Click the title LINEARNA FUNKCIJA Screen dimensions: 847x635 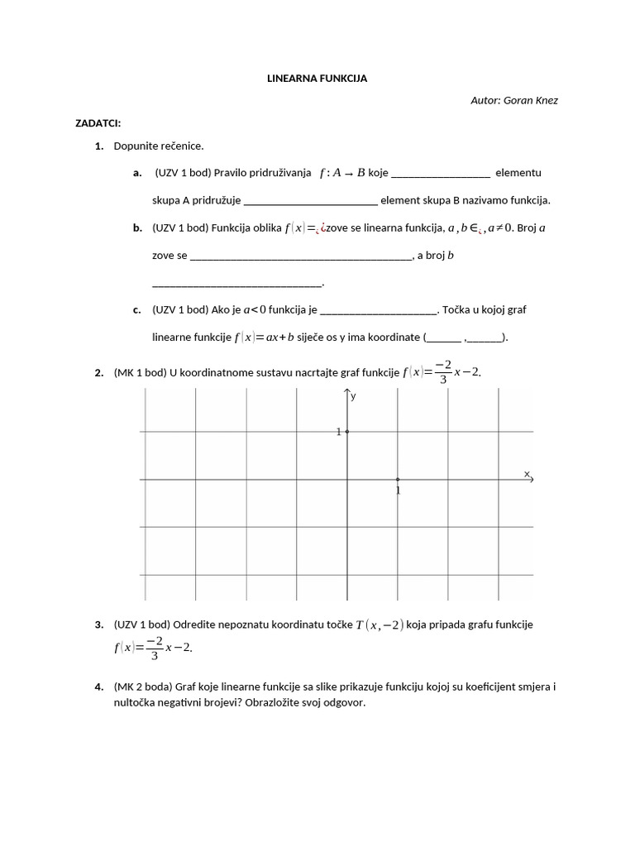click(317, 79)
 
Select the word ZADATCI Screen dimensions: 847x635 click(98, 123)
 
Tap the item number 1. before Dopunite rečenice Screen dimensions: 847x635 click(98, 146)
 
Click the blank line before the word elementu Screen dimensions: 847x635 click(440, 174)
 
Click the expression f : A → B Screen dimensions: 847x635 click(341, 173)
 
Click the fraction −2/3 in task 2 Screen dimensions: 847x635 click(444, 372)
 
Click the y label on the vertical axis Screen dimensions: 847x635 click(353, 396)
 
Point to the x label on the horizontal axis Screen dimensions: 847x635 click(527, 473)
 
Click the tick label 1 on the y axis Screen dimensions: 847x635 click(339, 432)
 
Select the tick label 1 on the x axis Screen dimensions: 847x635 click(398, 490)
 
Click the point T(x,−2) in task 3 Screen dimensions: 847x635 click(380, 625)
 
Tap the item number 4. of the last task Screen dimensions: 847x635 click(98, 687)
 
